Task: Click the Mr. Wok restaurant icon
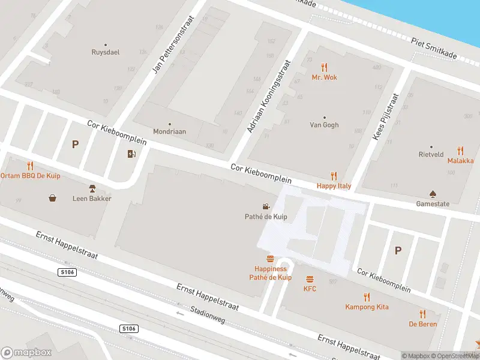pyautogui.click(x=325, y=67)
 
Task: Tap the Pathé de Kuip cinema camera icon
pyautogui.click(x=266, y=206)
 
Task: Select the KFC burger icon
pyautogui.click(x=310, y=279)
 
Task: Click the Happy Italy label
pyautogui.click(x=334, y=186)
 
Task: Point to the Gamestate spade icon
pyautogui.click(x=433, y=194)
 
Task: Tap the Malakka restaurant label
pyautogui.click(x=460, y=161)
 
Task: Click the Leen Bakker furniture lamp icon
pyautogui.click(x=92, y=188)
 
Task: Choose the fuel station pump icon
pyautogui.click(x=131, y=154)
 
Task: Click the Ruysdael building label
pyautogui.click(x=106, y=52)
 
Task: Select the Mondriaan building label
pyautogui.click(x=169, y=131)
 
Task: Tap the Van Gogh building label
pyautogui.click(x=324, y=125)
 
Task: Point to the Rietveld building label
pyautogui.click(x=431, y=154)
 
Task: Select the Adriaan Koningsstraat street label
pyautogui.click(x=268, y=97)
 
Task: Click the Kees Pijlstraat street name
pyautogui.click(x=386, y=116)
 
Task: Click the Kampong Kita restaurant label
pyautogui.click(x=367, y=307)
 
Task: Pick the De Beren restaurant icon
pyautogui.click(x=423, y=314)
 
